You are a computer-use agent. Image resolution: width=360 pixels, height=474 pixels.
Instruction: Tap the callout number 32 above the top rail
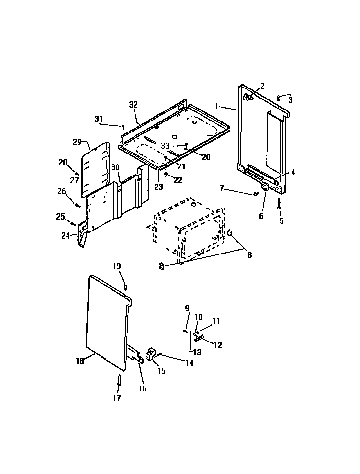tap(133, 105)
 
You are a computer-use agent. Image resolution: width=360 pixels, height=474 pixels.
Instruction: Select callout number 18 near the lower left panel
tap(79, 361)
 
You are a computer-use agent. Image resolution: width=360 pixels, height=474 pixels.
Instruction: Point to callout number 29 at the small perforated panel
tap(78, 142)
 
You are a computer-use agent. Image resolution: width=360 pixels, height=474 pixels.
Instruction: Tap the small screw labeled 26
tap(77, 205)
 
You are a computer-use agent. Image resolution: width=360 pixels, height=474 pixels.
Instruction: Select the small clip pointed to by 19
tap(126, 287)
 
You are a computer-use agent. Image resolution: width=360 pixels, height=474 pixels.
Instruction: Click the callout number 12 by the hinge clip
tap(217, 344)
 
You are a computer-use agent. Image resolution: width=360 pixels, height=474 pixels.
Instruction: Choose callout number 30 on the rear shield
tap(115, 167)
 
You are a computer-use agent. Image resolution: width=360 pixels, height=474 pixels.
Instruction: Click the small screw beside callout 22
tap(165, 173)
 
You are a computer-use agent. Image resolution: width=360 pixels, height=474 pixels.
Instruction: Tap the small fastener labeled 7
tap(256, 194)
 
